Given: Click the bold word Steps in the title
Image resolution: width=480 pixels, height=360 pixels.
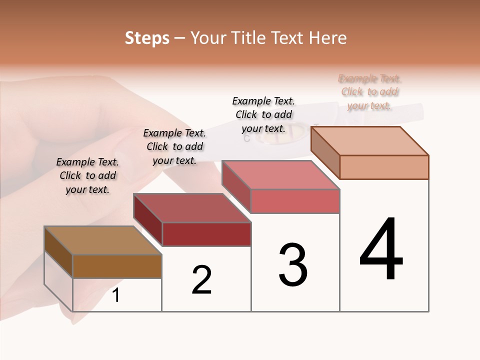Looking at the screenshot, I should (x=147, y=38).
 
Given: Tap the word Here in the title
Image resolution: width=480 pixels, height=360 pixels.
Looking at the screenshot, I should (x=327, y=38).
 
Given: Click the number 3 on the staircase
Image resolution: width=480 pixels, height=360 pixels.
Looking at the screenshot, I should (x=293, y=264).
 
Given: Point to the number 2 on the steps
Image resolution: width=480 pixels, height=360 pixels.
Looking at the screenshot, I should (x=202, y=280).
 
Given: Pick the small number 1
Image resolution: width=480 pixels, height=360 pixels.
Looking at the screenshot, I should (x=116, y=295).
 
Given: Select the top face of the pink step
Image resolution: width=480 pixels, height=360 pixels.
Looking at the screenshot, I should (x=280, y=175).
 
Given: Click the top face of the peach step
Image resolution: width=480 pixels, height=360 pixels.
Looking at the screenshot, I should (x=369, y=141).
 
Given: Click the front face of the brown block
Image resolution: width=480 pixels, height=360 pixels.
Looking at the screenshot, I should (x=117, y=266).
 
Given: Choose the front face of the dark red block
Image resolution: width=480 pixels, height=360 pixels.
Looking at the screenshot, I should (x=206, y=234).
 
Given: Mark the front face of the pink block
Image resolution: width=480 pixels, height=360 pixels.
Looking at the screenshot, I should (x=295, y=201).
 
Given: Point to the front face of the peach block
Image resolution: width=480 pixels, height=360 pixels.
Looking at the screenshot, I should (x=384, y=167).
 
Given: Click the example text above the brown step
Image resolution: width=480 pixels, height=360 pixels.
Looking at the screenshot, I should (x=87, y=175).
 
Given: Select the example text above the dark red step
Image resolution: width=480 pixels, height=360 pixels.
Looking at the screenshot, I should (x=174, y=146).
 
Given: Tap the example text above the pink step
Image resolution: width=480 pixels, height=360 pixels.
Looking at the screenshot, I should (x=263, y=114).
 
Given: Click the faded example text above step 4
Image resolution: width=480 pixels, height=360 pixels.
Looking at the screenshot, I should (x=369, y=92).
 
